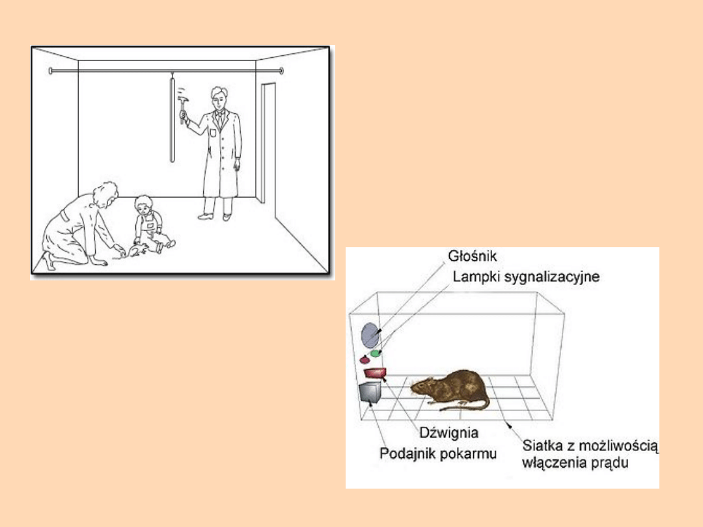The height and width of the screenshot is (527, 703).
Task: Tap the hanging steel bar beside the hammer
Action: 172,120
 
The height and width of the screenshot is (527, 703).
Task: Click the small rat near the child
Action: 137,250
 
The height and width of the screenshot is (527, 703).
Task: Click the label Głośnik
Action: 472,256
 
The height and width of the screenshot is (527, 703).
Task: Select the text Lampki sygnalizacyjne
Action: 526,276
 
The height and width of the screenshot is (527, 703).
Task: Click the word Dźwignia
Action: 448,433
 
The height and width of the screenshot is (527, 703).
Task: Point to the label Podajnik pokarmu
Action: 438,453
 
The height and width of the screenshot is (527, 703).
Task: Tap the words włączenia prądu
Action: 575,462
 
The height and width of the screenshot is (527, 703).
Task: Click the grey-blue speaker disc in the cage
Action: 370,335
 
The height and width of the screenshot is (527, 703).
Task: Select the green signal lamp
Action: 376,353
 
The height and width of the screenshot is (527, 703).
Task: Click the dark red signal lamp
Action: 365,359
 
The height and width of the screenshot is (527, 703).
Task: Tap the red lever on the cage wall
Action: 376,372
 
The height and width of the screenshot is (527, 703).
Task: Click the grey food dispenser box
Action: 370,393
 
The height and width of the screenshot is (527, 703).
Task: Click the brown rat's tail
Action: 466,405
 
